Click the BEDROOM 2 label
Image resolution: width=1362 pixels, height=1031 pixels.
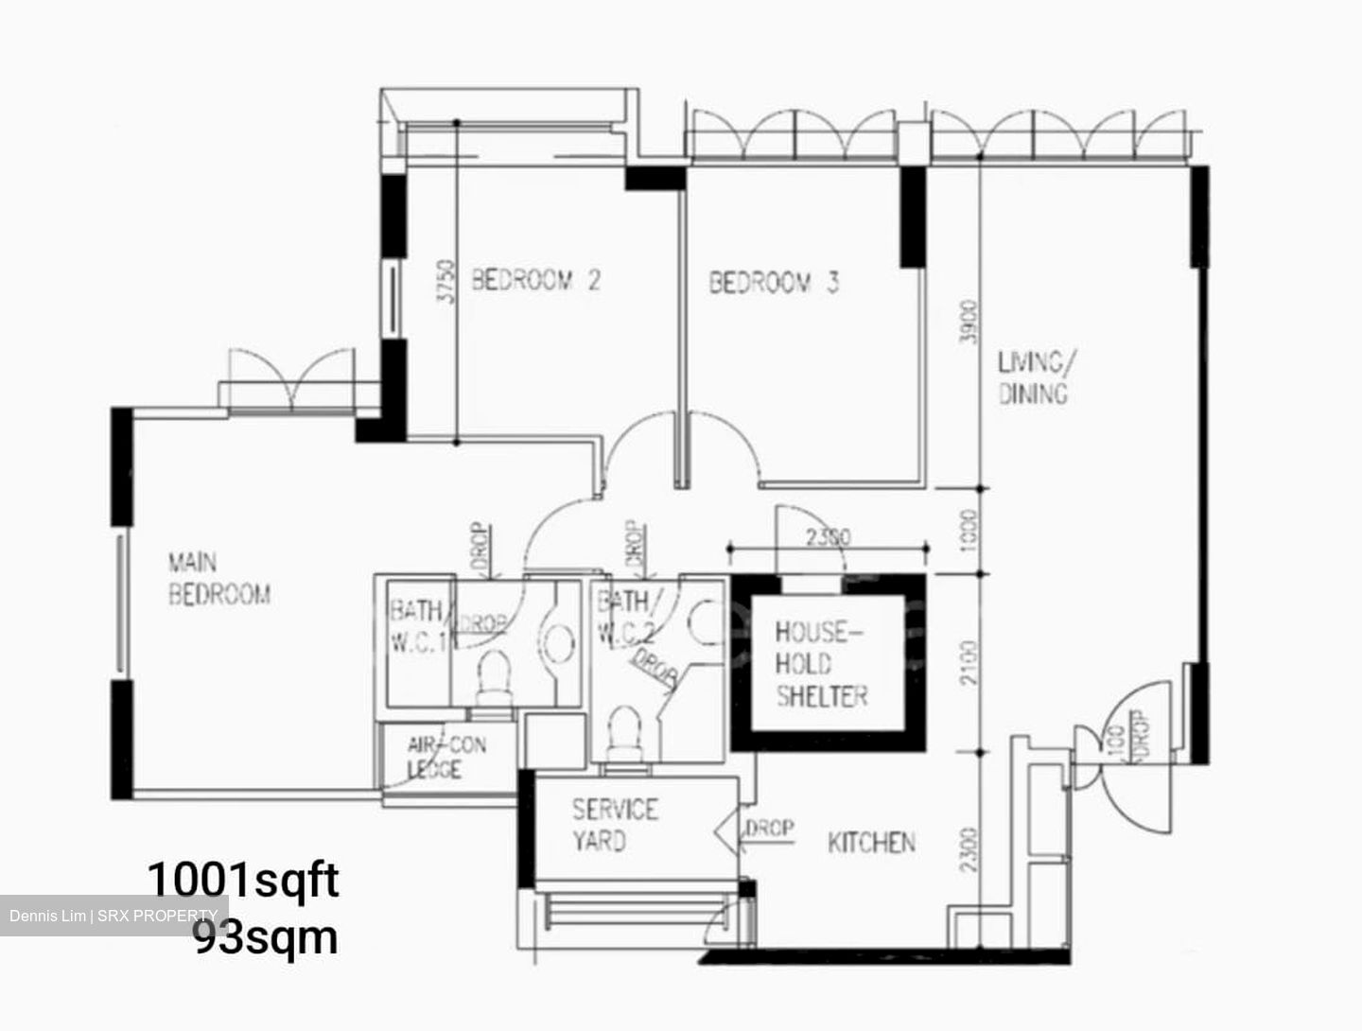tap(535, 280)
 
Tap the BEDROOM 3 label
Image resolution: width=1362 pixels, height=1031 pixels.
tap(774, 282)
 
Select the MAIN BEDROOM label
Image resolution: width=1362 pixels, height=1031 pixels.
tap(218, 579)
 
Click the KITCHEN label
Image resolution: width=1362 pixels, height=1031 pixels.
tap(871, 842)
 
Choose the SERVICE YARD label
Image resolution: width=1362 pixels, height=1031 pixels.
tap(614, 825)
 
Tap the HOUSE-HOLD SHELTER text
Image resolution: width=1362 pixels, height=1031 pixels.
tap(820, 664)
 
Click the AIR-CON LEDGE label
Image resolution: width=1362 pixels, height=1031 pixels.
tap(445, 757)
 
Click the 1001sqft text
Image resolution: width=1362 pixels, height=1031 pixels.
tap(242, 879)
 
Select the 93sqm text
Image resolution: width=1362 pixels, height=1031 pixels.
tap(266, 937)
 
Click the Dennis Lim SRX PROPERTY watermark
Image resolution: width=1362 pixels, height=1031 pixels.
tap(113, 916)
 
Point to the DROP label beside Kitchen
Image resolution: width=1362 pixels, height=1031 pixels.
tap(768, 829)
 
